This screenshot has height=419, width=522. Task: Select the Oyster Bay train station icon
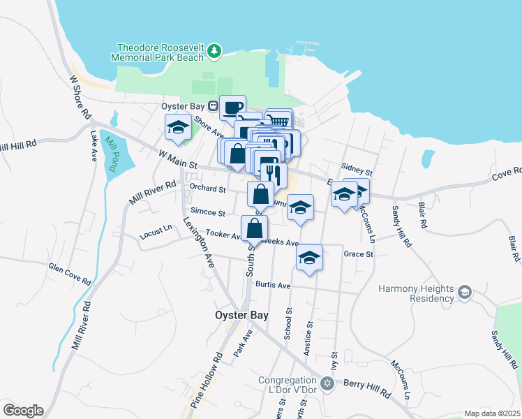pyautogui.click(x=216, y=107)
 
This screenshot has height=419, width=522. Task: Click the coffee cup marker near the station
pyautogui.click(x=232, y=108)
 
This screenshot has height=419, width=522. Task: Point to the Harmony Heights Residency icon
pyautogui.click(x=465, y=291)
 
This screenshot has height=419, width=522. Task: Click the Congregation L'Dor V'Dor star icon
pyautogui.click(x=326, y=383)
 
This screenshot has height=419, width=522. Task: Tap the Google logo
pyautogui.click(x=23, y=411)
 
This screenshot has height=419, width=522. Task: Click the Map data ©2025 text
pyautogui.click(x=492, y=413)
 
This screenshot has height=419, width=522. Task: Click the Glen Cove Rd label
pyautogui.click(x=70, y=273)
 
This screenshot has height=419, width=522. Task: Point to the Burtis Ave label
pyautogui.click(x=272, y=285)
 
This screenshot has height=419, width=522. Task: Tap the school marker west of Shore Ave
pyautogui.click(x=178, y=127)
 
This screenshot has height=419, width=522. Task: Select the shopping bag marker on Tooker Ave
pyautogui.click(x=255, y=228)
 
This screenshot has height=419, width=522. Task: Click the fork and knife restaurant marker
pyautogui.click(x=274, y=175)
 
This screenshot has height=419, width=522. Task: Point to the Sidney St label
pyautogui.click(x=357, y=169)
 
